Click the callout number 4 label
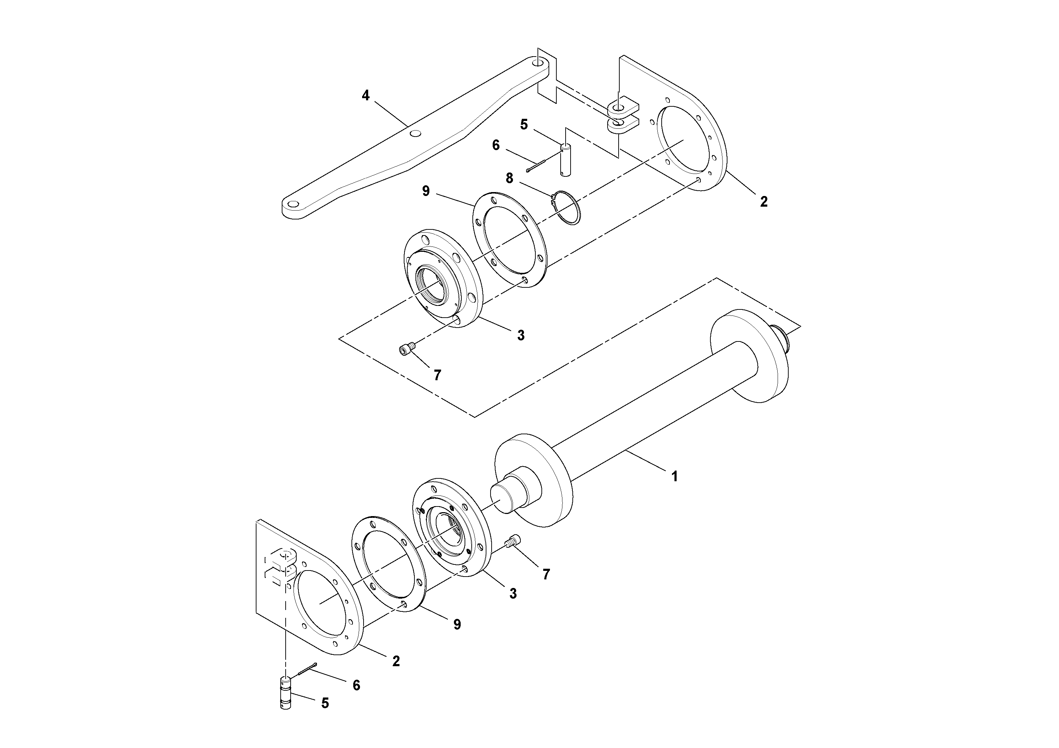[365, 96]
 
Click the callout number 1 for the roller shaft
[674, 476]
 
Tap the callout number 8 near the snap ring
[509, 179]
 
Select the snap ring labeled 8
[567, 208]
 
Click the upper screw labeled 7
[406, 350]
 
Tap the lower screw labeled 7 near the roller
[513, 541]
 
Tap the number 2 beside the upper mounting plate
[764, 202]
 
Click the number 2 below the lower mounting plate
[396, 661]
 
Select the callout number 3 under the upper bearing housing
[521, 336]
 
